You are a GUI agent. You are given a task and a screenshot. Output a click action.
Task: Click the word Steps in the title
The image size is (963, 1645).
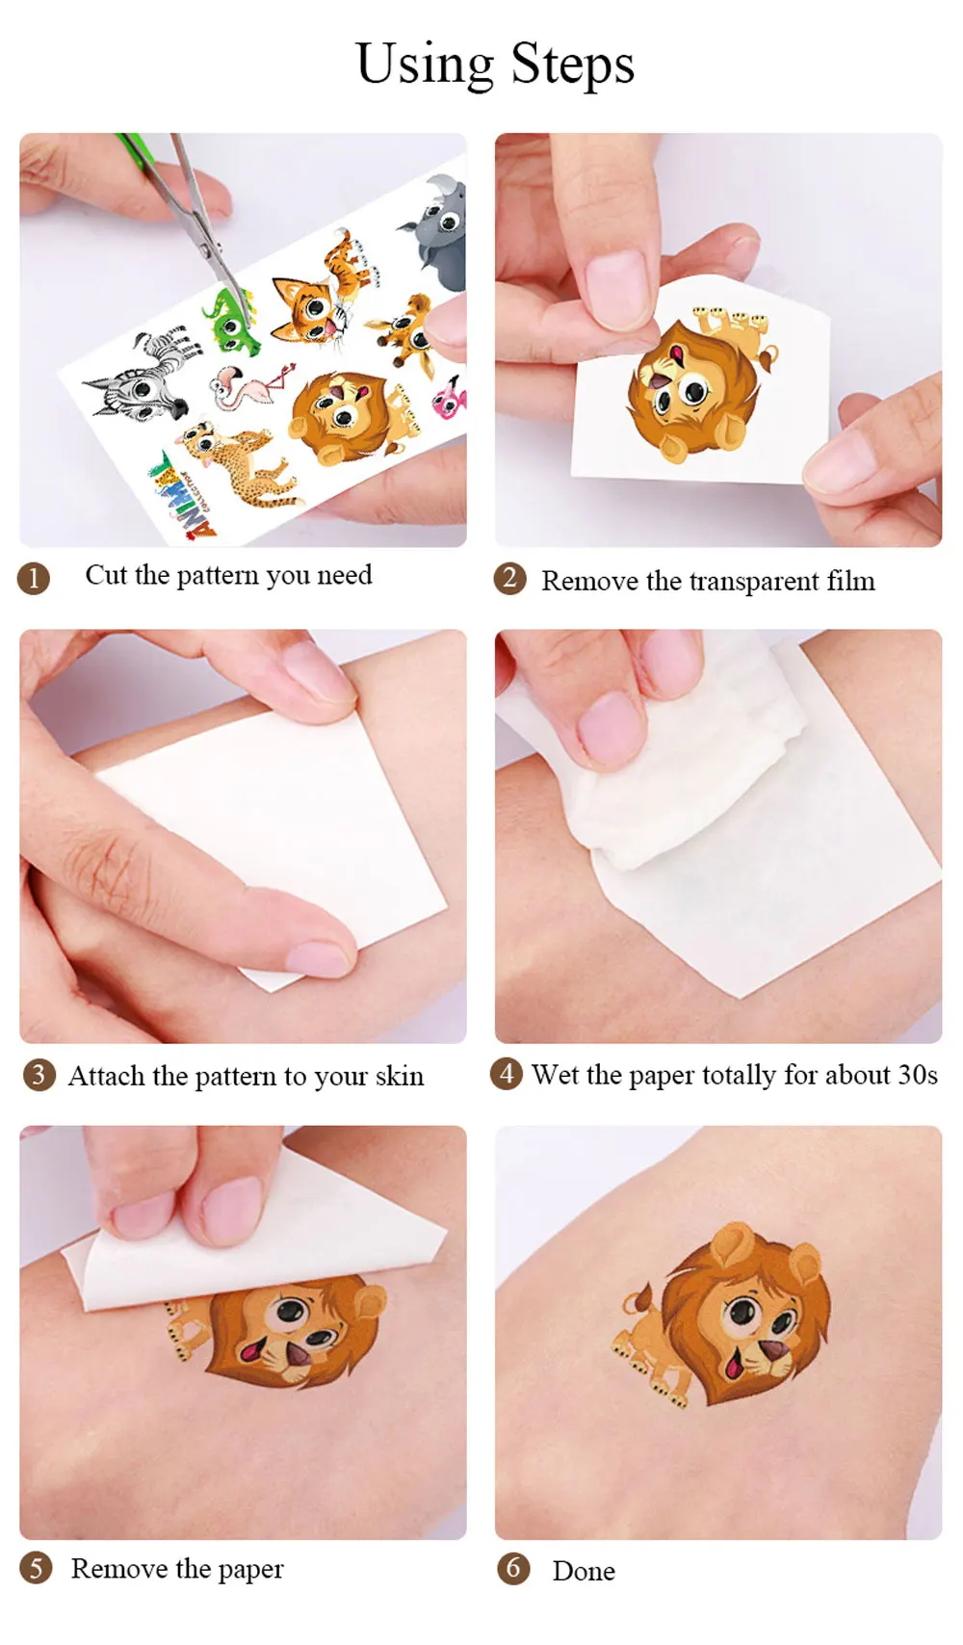point(572,65)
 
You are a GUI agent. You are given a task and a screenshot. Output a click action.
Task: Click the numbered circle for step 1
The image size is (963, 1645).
point(34,579)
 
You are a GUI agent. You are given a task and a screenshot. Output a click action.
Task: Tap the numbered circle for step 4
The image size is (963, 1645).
point(507,1074)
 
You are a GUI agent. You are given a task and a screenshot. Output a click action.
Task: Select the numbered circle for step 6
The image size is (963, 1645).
point(513,1569)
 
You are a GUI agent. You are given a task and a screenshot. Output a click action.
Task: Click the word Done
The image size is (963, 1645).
point(584,1571)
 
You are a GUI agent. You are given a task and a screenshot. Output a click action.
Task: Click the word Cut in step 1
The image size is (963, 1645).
point(107,574)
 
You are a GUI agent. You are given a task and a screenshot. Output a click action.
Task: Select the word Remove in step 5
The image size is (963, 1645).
point(118,1569)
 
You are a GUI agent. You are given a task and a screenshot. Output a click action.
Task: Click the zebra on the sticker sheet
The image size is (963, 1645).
point(141,375)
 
